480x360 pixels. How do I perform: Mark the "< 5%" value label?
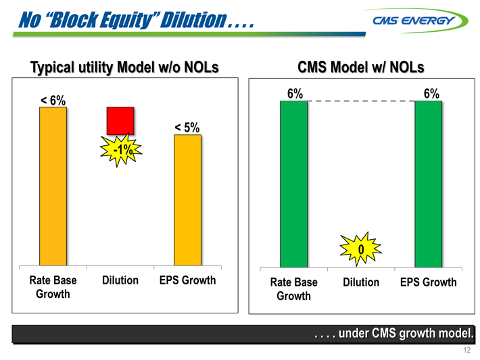point(187,127)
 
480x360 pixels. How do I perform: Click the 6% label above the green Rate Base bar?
point(294,94)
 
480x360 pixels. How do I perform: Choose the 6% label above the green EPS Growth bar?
point(431,94)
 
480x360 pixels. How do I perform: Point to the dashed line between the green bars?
point(361,101)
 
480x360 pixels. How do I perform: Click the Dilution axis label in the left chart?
point(120,280)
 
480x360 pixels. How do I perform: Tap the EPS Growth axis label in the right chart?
point(428,282)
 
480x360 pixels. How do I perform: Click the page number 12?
point(466,350)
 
